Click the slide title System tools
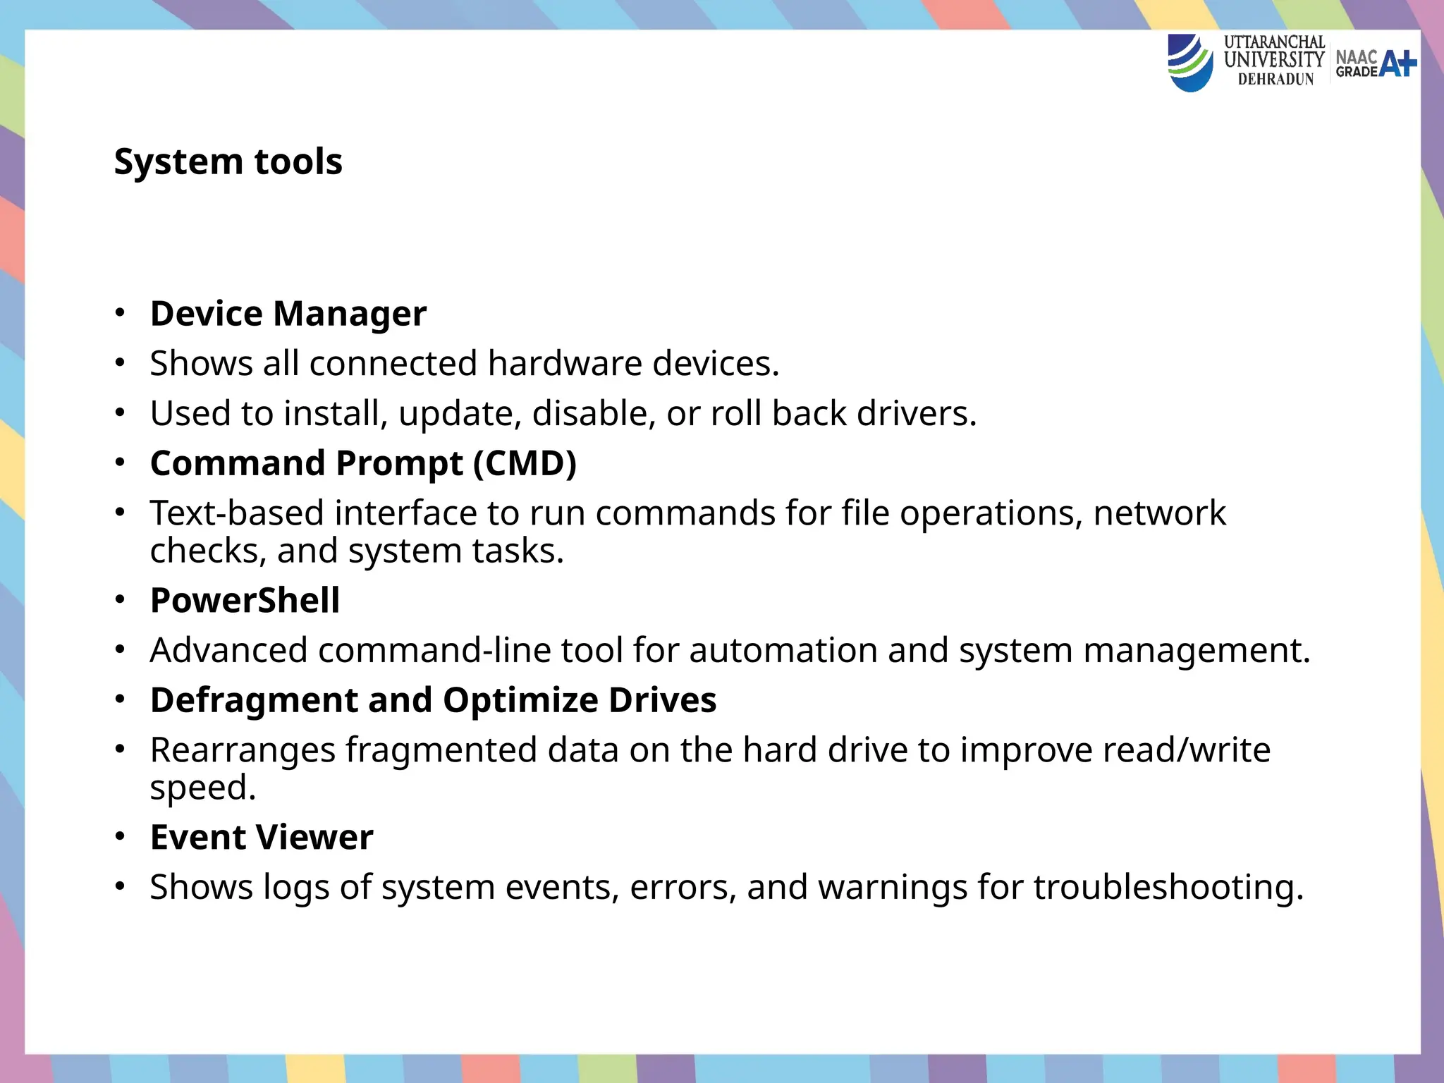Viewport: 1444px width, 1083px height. click(228, 162)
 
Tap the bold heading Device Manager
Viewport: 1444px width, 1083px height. click(288, 314)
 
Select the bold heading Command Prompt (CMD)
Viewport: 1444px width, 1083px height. click(363, 463)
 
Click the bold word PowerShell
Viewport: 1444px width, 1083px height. click(245, 601)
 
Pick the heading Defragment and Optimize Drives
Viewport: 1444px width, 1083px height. click(433, 700)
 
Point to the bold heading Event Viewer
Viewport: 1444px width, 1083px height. click(262, 838)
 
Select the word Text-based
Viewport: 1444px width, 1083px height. click(237, 513)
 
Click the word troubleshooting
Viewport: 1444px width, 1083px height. click(1168, 887)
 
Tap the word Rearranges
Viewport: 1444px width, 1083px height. click(243, 750)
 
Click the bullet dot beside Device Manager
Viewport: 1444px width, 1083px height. click(121, 312)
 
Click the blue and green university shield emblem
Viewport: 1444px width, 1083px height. click(1190, 63)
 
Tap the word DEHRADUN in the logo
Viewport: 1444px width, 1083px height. click(1275, 80)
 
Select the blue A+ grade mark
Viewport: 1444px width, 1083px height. click(1397, 64)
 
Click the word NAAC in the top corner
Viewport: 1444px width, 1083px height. click(1356, 56)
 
